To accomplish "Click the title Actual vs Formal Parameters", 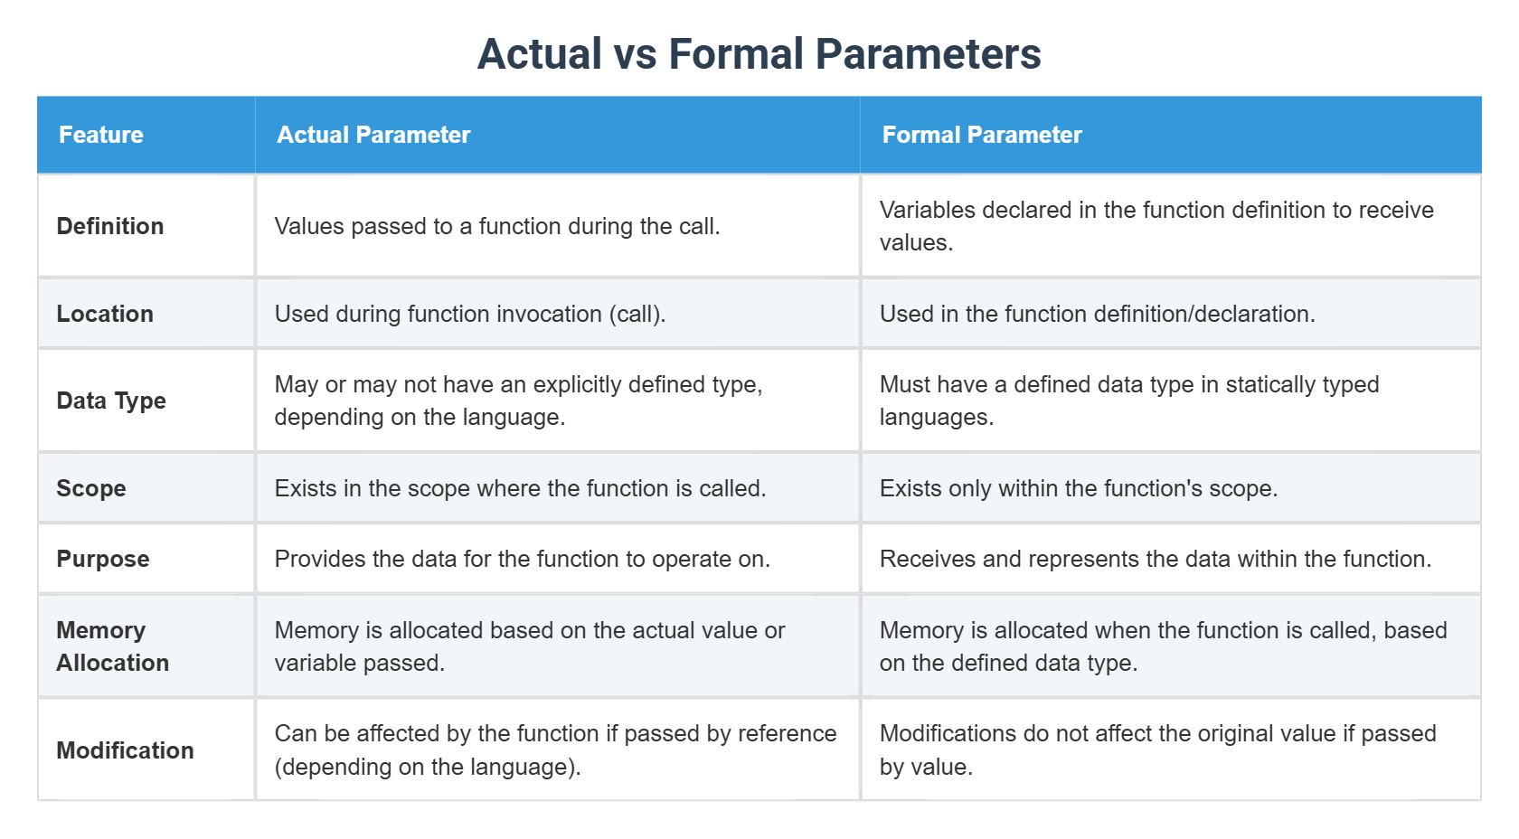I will coord(759,54).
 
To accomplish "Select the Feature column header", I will coord(101,135).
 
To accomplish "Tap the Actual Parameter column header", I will coord(373,135).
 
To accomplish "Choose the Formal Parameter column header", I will coord(982,135).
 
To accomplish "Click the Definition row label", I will coord(110,226).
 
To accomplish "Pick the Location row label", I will coord(105,314).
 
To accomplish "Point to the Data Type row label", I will coord(111,401).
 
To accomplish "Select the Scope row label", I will coord(91,488).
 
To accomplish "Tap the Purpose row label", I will coord(103,559).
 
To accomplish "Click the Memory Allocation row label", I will coord(112,646).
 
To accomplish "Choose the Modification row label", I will coord(125,750).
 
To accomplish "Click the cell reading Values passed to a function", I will coord(497,226).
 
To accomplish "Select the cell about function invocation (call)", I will coord(470,314).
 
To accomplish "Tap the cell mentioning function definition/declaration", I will coord(1097,314).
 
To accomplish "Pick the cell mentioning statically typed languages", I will coord(1128,401).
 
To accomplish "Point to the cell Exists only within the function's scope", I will coord(1078,488).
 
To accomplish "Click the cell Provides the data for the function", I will coord(522,559).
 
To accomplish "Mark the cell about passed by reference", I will coord(555,750).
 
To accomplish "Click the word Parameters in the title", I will coord(929,54).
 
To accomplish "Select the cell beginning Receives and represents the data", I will coord(1155,559).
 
